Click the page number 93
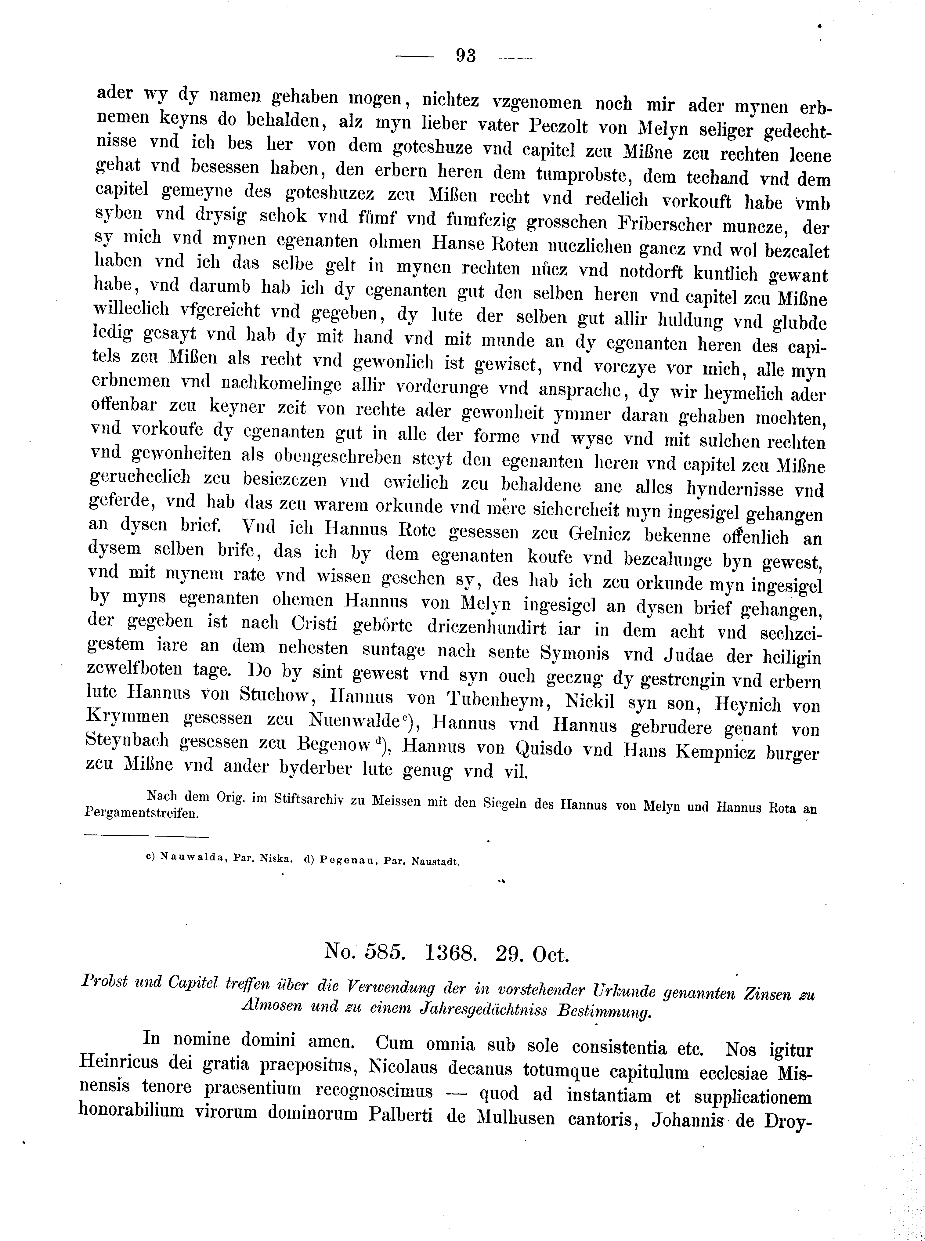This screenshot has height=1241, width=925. (x=465, y=56)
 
